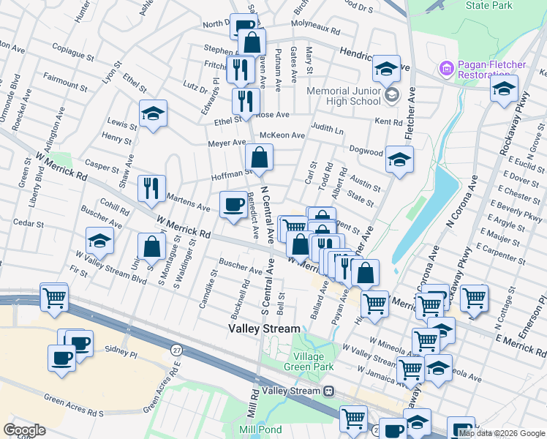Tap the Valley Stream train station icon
tap(330, 391)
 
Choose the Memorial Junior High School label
tap(345, 95)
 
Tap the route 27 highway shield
tap(177, 350)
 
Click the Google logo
tap(24, 430)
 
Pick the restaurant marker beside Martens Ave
tap(151, 189)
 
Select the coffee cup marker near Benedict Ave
tap(234, 204)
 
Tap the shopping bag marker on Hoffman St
tap(259, 157)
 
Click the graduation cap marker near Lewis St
tap(152, 113)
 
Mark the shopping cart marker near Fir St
tap(54, 297)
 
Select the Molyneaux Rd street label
tap(315, 31)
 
